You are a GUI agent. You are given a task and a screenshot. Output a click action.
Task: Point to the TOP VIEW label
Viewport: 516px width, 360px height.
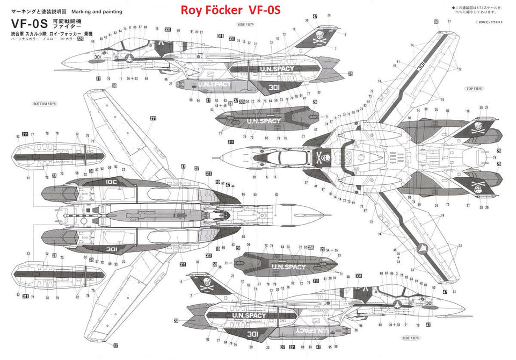pyautogui.click(x=474, y=88)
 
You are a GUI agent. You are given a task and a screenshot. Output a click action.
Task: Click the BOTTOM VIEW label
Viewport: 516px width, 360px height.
pyautogui.click(x=45, y=103)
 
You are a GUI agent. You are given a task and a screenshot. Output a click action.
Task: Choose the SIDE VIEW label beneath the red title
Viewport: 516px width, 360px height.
pyautogui.click(x=246, y=25)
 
